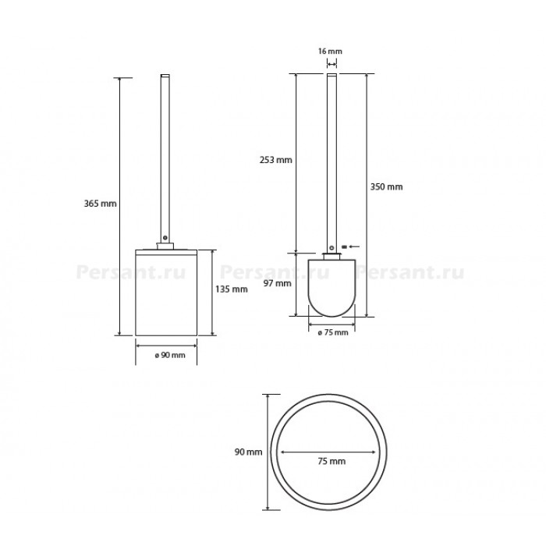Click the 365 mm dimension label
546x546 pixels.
(x=101, y=204)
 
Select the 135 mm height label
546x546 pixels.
(x=231, y=289)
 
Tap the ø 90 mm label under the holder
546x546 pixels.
(x=170, y=355)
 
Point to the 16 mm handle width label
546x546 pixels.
(x=330, y=51)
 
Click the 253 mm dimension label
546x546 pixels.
(x=276, y=160)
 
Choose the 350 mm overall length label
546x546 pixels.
(x=386, y=186)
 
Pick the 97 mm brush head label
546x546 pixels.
(x=277, y=283)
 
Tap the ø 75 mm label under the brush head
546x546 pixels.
(x=333, y=332)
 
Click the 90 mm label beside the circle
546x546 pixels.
(x=248, y=452)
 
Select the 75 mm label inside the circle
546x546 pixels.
(x=331, y=461)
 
